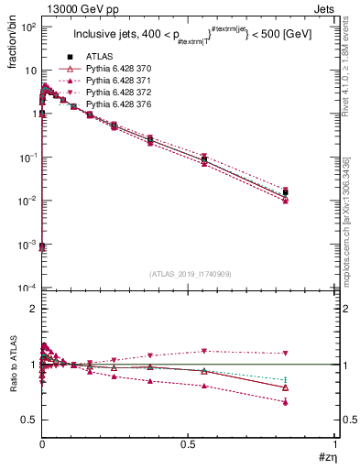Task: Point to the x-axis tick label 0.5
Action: click(189, 444)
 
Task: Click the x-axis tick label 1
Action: click(335, 444)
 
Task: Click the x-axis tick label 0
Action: click(42, 444)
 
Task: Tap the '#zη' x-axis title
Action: click(326, 458)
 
